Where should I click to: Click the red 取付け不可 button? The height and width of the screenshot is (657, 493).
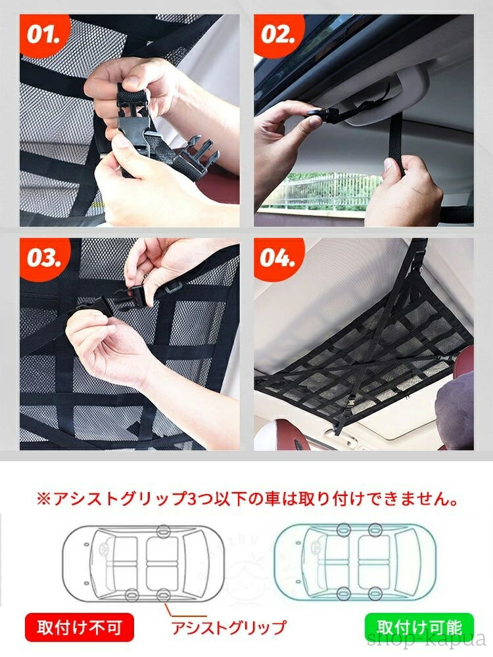[80, 627]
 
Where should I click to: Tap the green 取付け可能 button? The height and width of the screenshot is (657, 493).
[419, 627]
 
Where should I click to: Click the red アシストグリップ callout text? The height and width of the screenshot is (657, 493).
[229, 627]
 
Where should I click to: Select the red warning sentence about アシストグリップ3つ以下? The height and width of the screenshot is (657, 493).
[246, 499]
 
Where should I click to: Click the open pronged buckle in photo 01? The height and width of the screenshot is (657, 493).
[196, 158]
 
